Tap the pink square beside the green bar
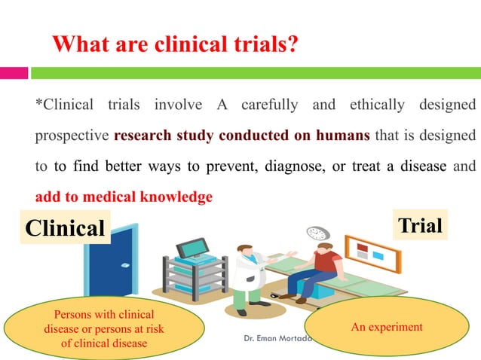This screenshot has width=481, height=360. (14, 73)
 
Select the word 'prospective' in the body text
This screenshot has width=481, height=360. (72, 136)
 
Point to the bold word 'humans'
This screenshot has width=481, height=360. (343, 136)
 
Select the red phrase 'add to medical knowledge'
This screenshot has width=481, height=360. (124, 197)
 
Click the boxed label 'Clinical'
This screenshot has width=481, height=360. (65, 228)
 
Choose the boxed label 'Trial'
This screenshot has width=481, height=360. (421, 225)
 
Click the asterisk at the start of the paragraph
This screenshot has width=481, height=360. (39, 103)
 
